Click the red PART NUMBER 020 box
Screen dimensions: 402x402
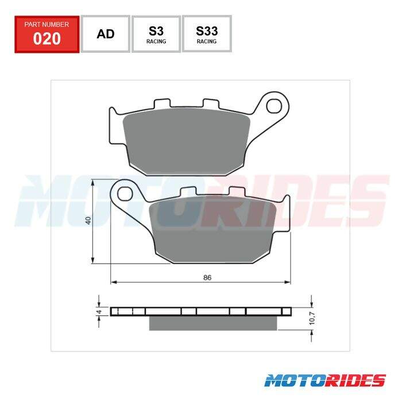tap(47, 34)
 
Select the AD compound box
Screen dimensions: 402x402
tap(106, 34)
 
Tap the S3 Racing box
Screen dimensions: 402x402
tap(156, 34)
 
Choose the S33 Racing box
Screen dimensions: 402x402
tap(207, 34)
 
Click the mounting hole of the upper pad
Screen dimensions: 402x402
tap(274, 106)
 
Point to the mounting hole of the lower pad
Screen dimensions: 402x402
tap(125, 194)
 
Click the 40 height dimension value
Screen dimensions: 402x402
tap(88, 221)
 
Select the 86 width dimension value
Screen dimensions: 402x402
tap(207, 277)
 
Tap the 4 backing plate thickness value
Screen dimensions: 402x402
tap(99, 312)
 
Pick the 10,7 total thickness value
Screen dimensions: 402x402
tap(312, 318)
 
